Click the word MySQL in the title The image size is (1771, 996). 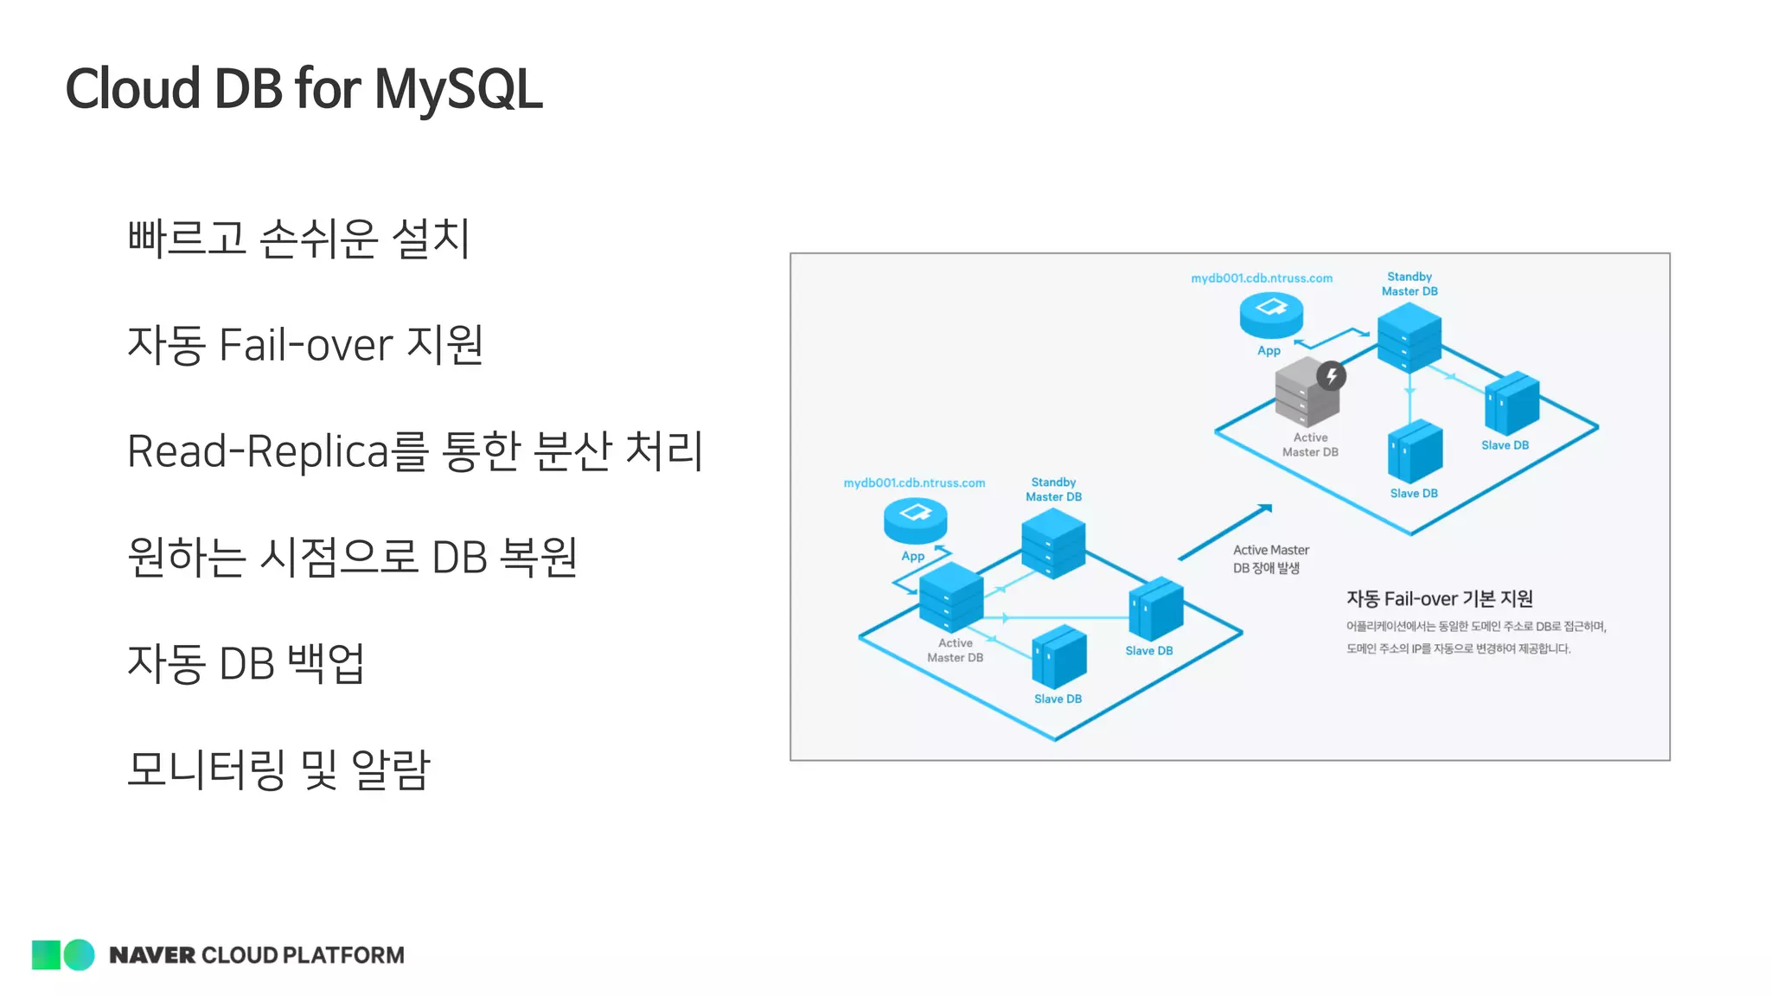point(458,89)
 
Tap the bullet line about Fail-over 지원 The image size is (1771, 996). point(304,344)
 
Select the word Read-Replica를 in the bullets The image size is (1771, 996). point(277,450)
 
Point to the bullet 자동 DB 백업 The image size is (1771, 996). point(246,663)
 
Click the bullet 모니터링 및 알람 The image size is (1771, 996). point(278,769)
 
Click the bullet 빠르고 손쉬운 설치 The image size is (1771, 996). point(298,238)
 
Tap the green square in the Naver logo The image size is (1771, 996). point(46,954)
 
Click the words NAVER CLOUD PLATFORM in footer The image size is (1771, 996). point(257,955)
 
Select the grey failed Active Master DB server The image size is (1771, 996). point(1304,394)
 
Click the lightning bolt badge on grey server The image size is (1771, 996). point(1332,376)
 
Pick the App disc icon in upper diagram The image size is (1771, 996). point(1271,314)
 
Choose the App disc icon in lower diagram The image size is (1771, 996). point(915,520)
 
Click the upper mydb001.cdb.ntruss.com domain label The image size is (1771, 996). point(1262,278)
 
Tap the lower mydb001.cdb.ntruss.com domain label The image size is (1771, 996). point(914,483)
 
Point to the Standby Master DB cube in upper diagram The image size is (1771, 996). point(1409,336)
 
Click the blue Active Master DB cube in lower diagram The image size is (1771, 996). point(950,597)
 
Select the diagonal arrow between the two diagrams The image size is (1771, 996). point(1224,532)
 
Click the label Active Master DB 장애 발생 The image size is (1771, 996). point(1270,559)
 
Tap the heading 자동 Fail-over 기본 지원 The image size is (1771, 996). point(1439,598)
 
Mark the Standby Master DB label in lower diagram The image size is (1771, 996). point(1053,489)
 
